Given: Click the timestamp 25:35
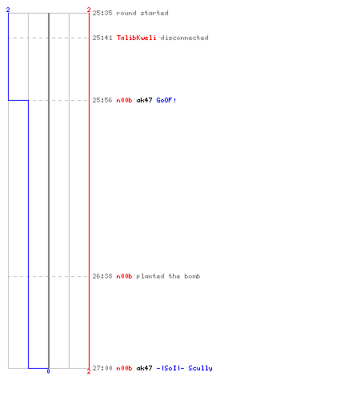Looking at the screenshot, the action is coord(102,13).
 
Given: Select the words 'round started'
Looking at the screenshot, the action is coord(142,13).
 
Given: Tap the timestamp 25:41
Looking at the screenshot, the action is coord(102,38).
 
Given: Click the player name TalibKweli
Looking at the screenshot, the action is coord(137,38).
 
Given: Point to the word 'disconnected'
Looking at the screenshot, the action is coord(184,38).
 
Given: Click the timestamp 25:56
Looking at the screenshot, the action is coord(102,100).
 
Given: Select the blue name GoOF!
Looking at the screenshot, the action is coord(166,100).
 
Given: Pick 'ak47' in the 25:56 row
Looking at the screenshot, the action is coord(144,100).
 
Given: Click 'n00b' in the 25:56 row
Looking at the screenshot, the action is coord(124,100).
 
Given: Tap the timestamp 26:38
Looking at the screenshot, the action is coord(102,276).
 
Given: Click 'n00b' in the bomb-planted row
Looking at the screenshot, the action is coord(124,276).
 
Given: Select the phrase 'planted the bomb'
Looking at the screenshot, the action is coord(168,276).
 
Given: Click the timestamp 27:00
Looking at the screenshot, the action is coord(102,368).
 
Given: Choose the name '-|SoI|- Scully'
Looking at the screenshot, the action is coord(184,368).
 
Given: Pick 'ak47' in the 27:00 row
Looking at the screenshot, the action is coord(144,368).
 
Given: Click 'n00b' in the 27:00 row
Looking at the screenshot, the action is coord(124,368).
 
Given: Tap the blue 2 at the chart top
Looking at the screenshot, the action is coord(8,10).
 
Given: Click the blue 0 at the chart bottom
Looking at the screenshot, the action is coord(48,371).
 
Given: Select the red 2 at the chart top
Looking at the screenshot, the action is coord(89,10).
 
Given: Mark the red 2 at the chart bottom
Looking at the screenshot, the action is coord(89,371).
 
